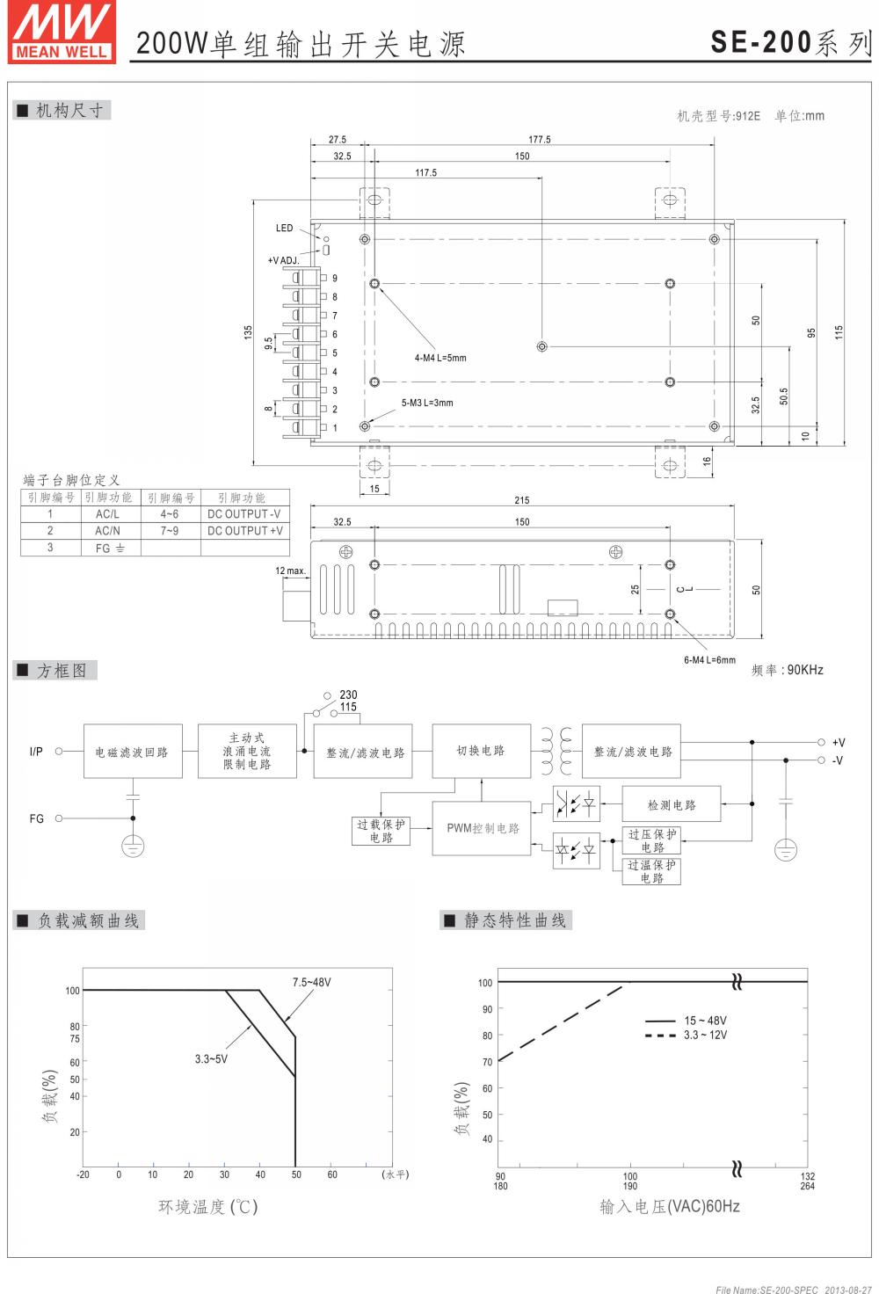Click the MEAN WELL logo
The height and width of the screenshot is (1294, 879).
pos(62,32)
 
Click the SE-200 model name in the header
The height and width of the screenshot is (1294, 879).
pos(761,42)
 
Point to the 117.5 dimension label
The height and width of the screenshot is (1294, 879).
pos(425,172)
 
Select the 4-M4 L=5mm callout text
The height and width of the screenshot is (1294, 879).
pos(440,358)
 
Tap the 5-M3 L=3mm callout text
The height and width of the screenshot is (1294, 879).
pos(427,403)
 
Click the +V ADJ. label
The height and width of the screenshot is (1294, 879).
pos(283,260)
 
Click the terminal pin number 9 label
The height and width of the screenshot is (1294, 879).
pos(335,279)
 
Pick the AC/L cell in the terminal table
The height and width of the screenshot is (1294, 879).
pos(107,514)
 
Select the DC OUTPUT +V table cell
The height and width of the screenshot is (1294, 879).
pos(244,531)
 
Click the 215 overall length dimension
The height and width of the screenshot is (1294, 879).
pos(522,500)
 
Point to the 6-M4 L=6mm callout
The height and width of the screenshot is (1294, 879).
pos(709,660)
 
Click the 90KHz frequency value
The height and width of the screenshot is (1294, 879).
pos(805,670)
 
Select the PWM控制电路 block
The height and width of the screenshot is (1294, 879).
pos(483,828)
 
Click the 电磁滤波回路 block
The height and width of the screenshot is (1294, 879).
pos(132,752)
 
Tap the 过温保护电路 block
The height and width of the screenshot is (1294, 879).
pos(652,871)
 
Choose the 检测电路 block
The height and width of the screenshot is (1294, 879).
pos(672,804)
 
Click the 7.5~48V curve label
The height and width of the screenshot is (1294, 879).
pos(311,982)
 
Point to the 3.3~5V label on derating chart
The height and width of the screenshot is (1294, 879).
pos(211,1059)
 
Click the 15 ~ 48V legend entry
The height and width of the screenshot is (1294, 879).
pos(705,1021)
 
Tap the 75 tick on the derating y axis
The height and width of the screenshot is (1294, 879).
pos(75,1038)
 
